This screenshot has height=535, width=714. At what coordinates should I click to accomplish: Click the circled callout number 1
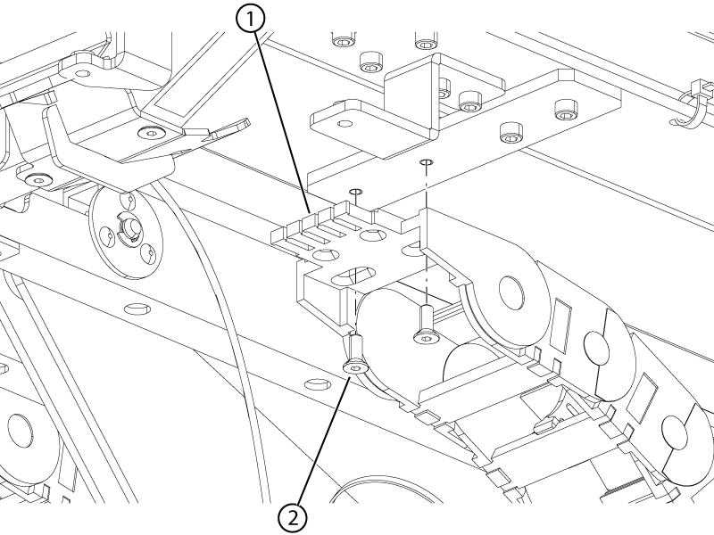(x=250, y=19)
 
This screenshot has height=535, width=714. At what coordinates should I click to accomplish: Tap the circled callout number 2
(x=293, y=518)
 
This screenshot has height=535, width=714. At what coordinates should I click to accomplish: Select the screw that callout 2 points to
(x=355, y=354)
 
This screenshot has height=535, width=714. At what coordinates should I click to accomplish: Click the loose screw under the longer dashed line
(x=425, y=325)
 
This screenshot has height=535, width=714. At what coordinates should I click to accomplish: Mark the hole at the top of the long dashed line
(x=427, y=161)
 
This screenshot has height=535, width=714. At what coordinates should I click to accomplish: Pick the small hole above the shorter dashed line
(x=355, y=191)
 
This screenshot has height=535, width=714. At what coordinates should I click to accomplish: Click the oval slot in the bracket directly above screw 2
(x=353, y=275)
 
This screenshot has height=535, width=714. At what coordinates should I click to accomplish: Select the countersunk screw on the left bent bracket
(x=150, y=132)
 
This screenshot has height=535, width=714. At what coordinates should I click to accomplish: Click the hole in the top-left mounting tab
(x=82, y=73)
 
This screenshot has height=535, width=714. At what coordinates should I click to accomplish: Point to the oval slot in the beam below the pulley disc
(x=137, y=309)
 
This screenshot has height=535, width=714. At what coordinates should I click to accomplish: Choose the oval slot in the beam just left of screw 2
(x=318, y=383)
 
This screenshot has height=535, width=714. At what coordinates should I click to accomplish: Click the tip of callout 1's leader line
(x=311, y=213)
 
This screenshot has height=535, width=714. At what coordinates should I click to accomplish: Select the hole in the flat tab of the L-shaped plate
(x=345, y=123)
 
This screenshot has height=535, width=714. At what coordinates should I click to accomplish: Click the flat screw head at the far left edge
(x=37, y=180)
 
